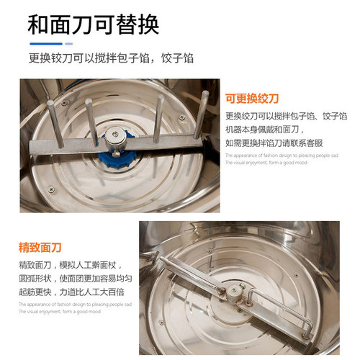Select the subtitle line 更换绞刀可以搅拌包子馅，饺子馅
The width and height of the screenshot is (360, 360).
click(111, 58)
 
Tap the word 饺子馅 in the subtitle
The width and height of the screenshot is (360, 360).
click(177, 58)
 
